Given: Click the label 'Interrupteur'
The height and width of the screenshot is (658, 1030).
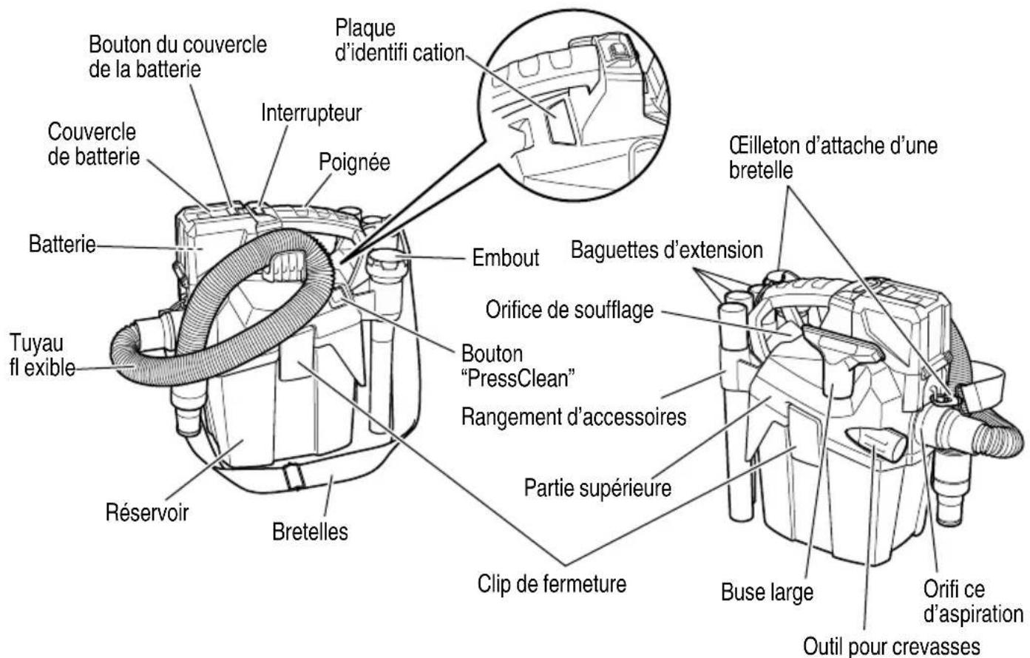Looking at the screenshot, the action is (x=311, y=113).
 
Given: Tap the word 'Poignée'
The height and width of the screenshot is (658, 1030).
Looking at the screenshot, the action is (x=354, y=163).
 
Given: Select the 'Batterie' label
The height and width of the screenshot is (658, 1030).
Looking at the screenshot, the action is (x=62, y=244).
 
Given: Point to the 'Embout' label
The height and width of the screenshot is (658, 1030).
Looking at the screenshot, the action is (x=505, y=258).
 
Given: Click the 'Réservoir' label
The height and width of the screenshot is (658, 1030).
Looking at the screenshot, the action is (x=147, y=512).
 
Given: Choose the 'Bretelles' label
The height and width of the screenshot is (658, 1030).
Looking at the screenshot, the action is (x=310, y=532).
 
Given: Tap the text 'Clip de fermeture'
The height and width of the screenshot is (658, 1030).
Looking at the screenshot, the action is (x=552, y=584).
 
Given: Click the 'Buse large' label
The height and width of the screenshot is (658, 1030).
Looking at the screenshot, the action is (x=767, y=592).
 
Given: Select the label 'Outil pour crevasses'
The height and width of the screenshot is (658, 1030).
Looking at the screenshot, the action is (x=892, y=646).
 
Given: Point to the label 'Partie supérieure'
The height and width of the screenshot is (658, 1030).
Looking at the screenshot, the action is (x=597, y=488).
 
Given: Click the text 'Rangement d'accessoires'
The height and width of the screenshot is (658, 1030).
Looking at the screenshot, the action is (x=573, y=417).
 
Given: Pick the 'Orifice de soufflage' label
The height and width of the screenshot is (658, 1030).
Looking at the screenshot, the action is (x=569, y=310).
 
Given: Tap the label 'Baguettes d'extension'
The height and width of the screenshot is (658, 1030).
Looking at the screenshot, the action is (x=667, y=250).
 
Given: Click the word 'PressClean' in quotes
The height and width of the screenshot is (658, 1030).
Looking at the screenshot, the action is (x=518, y=379).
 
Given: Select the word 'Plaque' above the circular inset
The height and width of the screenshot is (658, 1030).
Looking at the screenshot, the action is (x=365, y=29).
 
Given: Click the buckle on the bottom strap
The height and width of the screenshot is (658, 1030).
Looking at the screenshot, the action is (x=294, y=478).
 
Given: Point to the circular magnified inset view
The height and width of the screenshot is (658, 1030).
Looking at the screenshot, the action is (x=573, y=105).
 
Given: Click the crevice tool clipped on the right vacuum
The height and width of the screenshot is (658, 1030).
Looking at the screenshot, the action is (x=875, y=444).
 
